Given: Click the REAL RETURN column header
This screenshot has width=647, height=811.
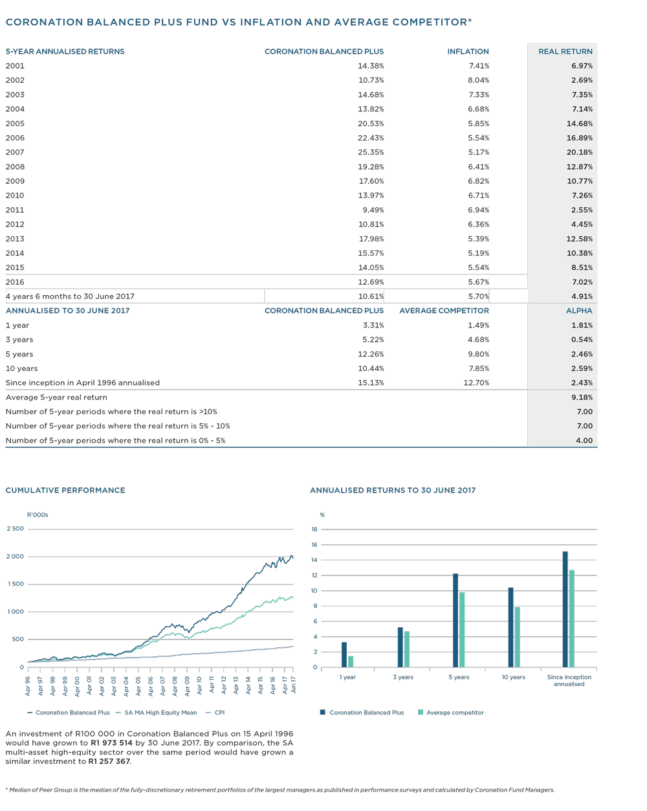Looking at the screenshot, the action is tap(565, 51).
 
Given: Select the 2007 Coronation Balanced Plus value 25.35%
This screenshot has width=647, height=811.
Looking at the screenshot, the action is tap(371, 152).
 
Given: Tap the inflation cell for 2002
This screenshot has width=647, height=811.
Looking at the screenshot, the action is tap(478, 80).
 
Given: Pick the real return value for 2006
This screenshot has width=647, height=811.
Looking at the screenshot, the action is tap(579, 138).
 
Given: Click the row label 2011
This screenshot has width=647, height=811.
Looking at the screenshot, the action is tap(15, 210).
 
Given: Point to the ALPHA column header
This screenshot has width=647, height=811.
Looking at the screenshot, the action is tap(579, 311).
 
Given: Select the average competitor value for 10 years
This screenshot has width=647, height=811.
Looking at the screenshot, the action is tap(479, 368).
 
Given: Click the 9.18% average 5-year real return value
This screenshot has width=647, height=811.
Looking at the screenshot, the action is tap(582, 397).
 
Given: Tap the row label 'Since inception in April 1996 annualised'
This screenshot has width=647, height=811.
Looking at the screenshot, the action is tap(83, 383).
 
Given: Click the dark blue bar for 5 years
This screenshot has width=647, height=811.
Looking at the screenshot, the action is tap(455, 620).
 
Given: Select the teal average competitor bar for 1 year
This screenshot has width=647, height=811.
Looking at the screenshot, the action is tap(351, 661).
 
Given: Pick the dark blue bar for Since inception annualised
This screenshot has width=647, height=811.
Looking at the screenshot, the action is tap(565, 609).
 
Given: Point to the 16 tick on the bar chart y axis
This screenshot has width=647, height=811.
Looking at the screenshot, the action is tap(314, 544).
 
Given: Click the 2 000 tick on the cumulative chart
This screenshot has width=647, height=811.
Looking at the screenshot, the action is tap(15, 556).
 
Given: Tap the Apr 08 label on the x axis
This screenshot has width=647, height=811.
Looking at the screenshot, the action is tap(175, 685).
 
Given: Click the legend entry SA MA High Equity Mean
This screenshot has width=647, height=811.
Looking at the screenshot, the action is tap(156, 712).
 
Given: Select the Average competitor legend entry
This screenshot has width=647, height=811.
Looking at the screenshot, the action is tap(451, 712).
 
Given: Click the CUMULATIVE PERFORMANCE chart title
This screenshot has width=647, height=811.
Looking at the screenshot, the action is tap(65, 490).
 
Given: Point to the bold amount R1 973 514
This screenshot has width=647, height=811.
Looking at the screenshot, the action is tap(111, 743).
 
